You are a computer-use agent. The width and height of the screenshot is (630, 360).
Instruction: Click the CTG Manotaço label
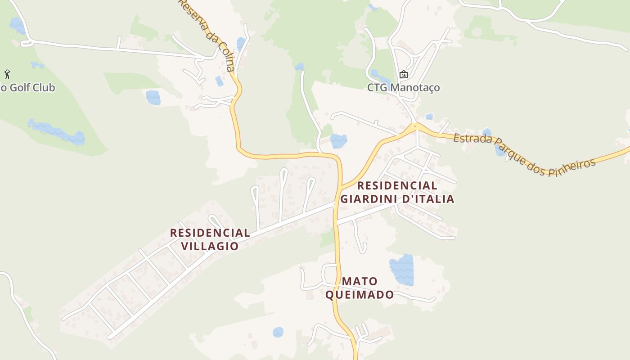[403, 87]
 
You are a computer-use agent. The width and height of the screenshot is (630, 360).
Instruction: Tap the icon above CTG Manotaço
[403, 74]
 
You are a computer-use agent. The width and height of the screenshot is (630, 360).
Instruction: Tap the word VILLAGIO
[210, 246]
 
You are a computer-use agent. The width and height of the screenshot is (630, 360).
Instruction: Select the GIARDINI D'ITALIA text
[397, 199]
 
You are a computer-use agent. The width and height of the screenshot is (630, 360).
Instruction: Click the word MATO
[360, 281]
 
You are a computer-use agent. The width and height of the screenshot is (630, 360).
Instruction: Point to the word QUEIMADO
[359, 295]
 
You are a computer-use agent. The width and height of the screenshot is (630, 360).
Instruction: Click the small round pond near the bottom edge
[278, 332]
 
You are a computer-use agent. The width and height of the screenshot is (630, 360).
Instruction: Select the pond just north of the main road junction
[338, 141]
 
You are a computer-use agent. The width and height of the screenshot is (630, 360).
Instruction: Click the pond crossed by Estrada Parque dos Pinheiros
[499, 148]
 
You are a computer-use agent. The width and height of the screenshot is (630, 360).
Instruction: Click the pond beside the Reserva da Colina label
[241, 44]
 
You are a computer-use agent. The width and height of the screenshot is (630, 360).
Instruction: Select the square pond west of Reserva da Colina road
[153, 97]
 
